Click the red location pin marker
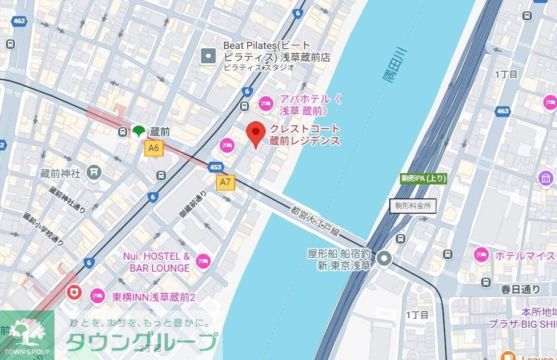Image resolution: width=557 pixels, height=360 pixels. point(256,134)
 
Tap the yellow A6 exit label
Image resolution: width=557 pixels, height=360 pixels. point(154,148)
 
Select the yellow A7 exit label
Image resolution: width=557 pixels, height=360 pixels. point(225,182)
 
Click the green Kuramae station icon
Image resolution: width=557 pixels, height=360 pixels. point(139,131)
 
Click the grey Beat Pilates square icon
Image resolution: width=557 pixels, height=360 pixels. point(208,57)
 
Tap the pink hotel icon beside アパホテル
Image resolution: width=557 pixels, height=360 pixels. point(266,104)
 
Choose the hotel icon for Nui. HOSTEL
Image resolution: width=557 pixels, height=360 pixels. point(204,261)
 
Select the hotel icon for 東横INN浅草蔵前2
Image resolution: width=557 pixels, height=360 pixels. point(97,295)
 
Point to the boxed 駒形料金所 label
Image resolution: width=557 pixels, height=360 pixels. point(413,206)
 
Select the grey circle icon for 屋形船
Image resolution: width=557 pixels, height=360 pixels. point(384,259)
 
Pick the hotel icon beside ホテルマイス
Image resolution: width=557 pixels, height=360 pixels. point(481,255)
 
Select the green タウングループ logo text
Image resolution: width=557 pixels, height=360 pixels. point(141,342)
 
